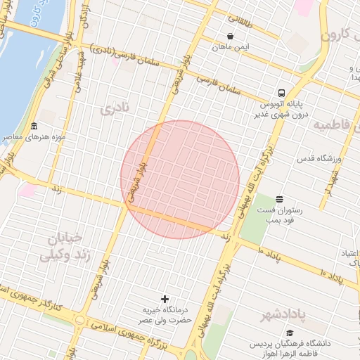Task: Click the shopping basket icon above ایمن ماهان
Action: point(231,37)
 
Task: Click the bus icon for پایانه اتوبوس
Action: point(281,93)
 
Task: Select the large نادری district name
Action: point(115,110)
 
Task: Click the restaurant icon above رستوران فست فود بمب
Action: point(280,199)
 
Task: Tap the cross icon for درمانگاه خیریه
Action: point(165,300)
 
